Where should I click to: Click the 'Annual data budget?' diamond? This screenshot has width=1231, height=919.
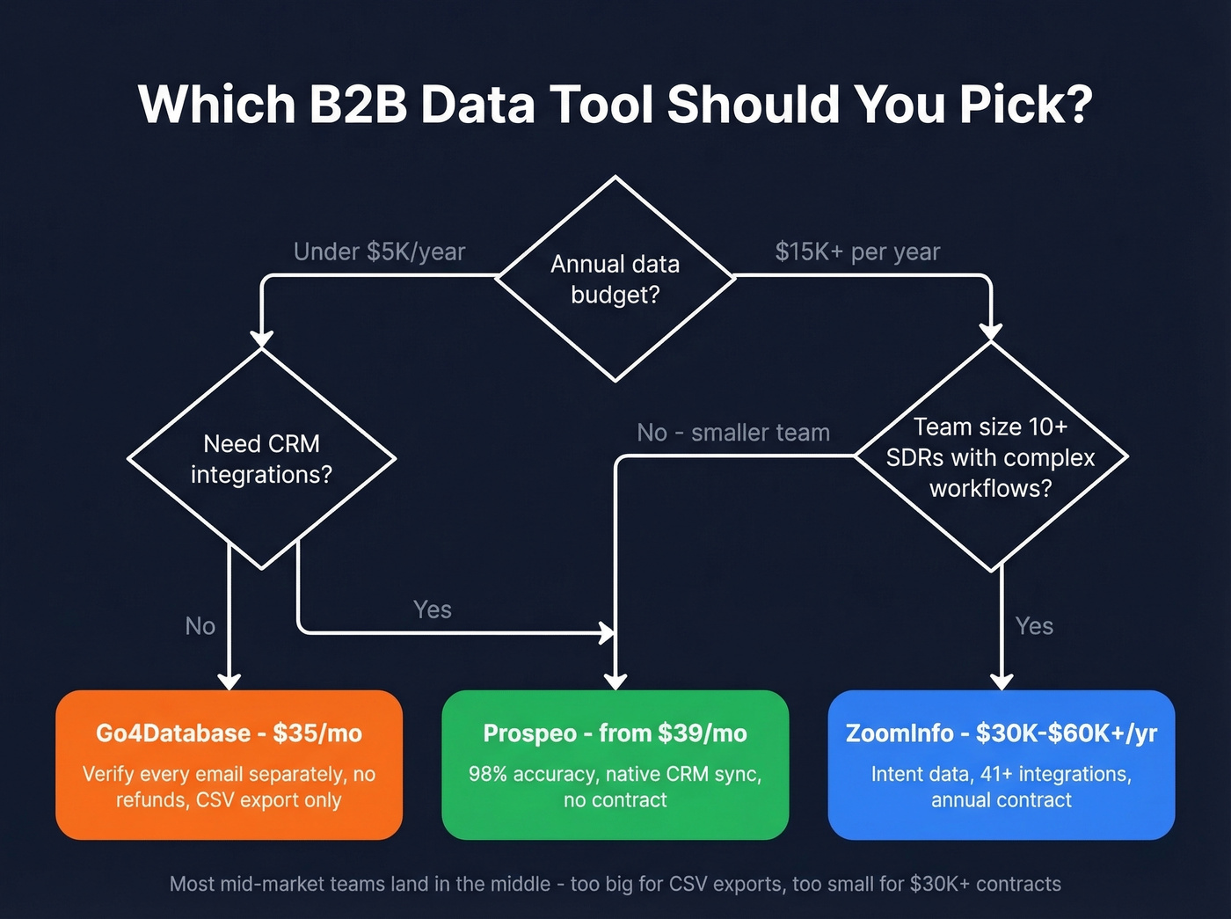point(615,279)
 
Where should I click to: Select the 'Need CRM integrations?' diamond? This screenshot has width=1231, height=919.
point(261,458)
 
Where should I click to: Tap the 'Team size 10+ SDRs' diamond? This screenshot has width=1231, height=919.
point(991,457)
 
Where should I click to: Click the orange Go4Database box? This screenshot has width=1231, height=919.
point(229,764)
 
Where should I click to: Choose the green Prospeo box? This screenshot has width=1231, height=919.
point(615,764)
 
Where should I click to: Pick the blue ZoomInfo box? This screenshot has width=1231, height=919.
point(1002,764)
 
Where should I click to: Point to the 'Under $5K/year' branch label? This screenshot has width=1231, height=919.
point(379,252)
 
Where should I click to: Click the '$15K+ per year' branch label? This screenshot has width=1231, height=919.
point(857,252)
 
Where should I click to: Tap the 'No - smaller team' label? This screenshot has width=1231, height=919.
point(733,433)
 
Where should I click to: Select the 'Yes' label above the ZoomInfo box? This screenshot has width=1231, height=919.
point(1034,626)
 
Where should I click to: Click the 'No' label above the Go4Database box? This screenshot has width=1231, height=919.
point(200,626)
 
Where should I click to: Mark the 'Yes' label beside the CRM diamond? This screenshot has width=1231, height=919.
point(433,609)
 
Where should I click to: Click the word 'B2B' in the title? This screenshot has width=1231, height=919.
point(358,105)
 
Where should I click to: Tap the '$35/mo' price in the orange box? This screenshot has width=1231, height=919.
point(317,733)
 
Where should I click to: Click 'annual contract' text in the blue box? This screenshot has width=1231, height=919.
point(1002,800)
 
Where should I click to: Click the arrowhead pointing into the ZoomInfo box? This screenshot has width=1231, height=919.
point(1002,682)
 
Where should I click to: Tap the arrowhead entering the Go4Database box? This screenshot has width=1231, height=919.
point(229,682)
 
